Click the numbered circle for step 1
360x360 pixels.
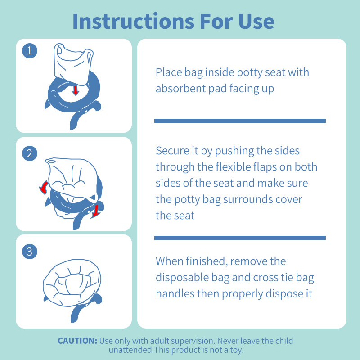click(30, 51)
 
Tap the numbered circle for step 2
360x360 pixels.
click(30, 153)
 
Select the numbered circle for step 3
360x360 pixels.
click(30, 252)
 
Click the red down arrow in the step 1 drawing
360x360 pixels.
click(76, 90)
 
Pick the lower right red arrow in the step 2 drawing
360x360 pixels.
click(95, 211)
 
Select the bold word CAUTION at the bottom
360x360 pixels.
click(77, 341)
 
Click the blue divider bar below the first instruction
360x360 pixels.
click(240, 121)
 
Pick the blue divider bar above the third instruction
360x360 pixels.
click(240, 238)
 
